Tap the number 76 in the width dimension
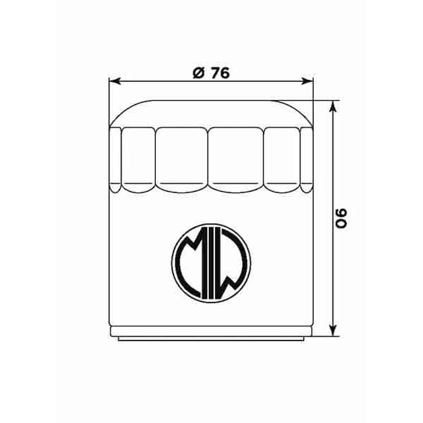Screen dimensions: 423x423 220,72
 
